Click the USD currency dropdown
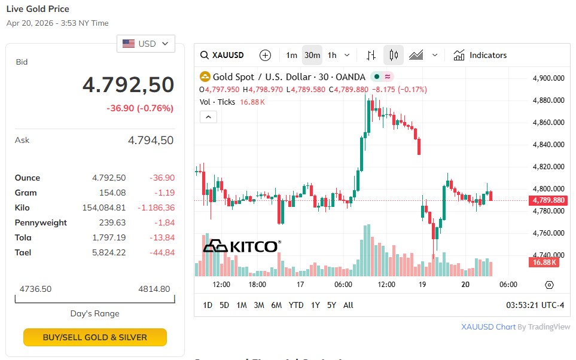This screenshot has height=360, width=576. point(146,44)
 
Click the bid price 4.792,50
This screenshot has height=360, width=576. point(128,85)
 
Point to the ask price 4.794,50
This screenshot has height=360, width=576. point(151,140)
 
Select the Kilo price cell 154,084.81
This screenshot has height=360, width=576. point(103,208)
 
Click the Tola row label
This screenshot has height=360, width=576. point(23,237)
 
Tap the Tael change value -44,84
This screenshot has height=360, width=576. point(161,252)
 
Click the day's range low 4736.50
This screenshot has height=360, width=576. point(35,289)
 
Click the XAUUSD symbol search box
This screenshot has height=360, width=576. point(223,55)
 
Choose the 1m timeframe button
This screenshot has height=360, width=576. point(291,55)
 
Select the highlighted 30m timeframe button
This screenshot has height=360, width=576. point(312,55)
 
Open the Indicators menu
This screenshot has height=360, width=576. point(480,55)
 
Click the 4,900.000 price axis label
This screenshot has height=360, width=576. point(548,78)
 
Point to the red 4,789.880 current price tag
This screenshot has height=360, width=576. point(548,200)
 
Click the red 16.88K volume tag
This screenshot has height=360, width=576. point(543,262)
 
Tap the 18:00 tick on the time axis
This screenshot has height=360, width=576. point(257,285)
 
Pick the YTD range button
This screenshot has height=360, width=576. point(296,305)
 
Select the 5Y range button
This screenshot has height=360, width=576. point(331,305)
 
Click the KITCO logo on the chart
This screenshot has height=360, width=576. point(242,246)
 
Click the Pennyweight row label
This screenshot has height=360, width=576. point(41,222)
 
